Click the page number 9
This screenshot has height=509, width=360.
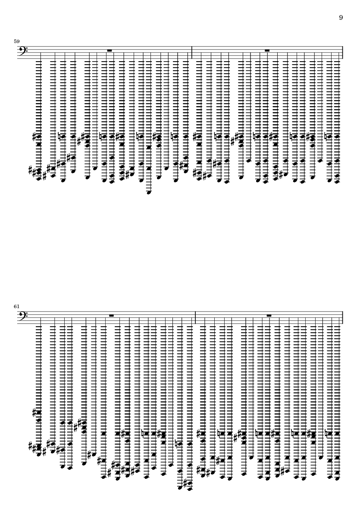click(341, 18)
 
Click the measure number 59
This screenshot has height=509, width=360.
click(16, 41)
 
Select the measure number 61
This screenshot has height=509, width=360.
click(16, 306)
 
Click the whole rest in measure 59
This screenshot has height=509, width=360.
click(110, 50)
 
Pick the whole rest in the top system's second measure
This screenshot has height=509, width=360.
click(267, 50)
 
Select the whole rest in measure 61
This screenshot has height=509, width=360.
click(111, 315)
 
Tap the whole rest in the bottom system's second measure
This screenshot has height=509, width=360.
click(269, 315)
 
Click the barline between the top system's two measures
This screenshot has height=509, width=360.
click(192, 53)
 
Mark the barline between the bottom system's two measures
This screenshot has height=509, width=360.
click(195, 318)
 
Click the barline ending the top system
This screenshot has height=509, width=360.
click(343, 53)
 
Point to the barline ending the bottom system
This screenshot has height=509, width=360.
click(343, 318)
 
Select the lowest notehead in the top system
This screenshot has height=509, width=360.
click(149, 193)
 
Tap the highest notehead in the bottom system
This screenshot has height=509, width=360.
click(39, 412)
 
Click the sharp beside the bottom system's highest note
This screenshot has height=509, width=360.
click(34, 412)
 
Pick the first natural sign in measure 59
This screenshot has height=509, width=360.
click(59, 136)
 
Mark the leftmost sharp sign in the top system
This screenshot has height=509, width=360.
click(30, 170)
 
